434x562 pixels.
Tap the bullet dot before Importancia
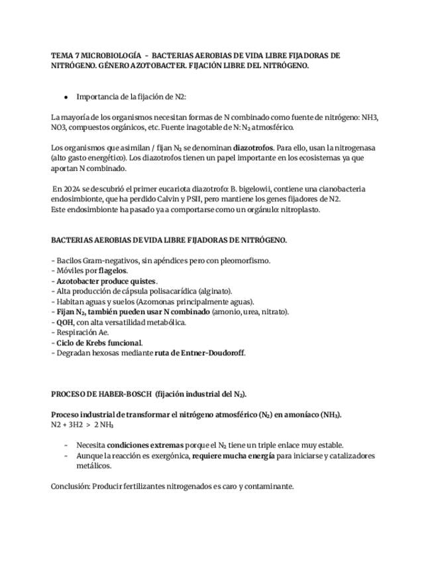tap(66, 97)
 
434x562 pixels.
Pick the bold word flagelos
tap(113, 270)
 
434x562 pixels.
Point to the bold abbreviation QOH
tap(65, 322)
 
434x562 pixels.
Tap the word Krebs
tap(97, 343)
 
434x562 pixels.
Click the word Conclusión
tap(72, 486)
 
